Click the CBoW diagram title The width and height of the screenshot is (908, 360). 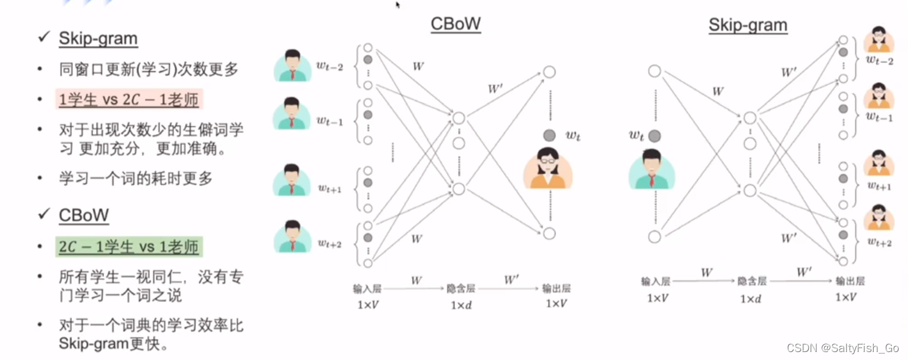click(x=456, y=24)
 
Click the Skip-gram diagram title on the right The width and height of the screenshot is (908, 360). click(x=748, y=25)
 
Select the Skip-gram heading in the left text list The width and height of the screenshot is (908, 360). click(x=98, y=39)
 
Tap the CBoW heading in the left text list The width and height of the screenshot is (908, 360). click(x=84, y=215)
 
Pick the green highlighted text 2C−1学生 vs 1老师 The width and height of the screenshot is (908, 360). click(x=129, y=247)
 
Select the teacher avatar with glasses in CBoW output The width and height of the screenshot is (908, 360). click(x=547, y=168)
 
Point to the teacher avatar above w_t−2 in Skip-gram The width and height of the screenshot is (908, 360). click(x=879, y=40)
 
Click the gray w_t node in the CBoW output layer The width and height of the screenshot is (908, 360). click(x=549, y=135)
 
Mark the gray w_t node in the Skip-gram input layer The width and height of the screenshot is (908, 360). click(x=655, y=135)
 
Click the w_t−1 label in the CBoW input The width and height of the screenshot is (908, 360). click(x=330, y=121)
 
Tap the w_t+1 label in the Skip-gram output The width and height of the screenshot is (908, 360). click(x=879, y=186)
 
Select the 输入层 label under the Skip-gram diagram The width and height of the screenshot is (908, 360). click(x=656, y=282)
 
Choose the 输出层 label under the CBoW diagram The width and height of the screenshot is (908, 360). click(x=556, y=288)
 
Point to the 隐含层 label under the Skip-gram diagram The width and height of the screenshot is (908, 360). click(x=752, y=282)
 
